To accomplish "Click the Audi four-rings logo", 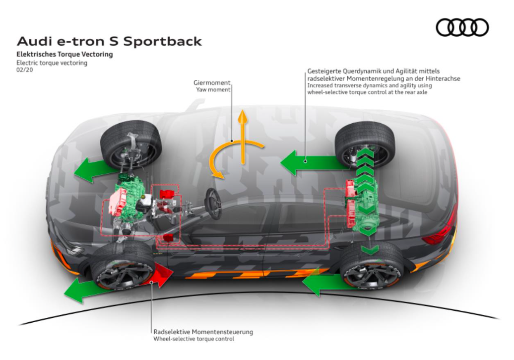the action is (462, 27).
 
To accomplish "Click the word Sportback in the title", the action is (162, 41).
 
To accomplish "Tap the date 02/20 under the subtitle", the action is (25, 70).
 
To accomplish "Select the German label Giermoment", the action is (212, 83).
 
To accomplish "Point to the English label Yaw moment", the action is (213, 89).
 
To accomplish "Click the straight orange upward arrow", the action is (243, 137).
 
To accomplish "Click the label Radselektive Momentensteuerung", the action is (203, 332).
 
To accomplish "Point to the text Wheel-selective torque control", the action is (193, 339).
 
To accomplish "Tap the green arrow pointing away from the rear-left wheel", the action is (315, 162).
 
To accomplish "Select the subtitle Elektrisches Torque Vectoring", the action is (64, 55).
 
